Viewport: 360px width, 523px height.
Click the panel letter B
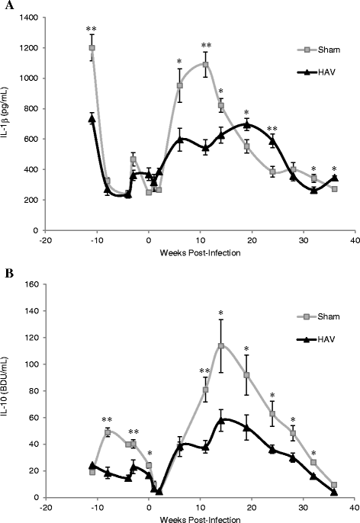[x=7, y=269]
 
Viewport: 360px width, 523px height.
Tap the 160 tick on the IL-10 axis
[x=33, y=284]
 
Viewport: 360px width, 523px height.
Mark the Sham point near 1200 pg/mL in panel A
[x=92, y=48]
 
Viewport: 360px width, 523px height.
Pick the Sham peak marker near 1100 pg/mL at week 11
[x=206, y=64]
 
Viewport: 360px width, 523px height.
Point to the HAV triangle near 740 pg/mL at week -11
[x=92, y=117]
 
